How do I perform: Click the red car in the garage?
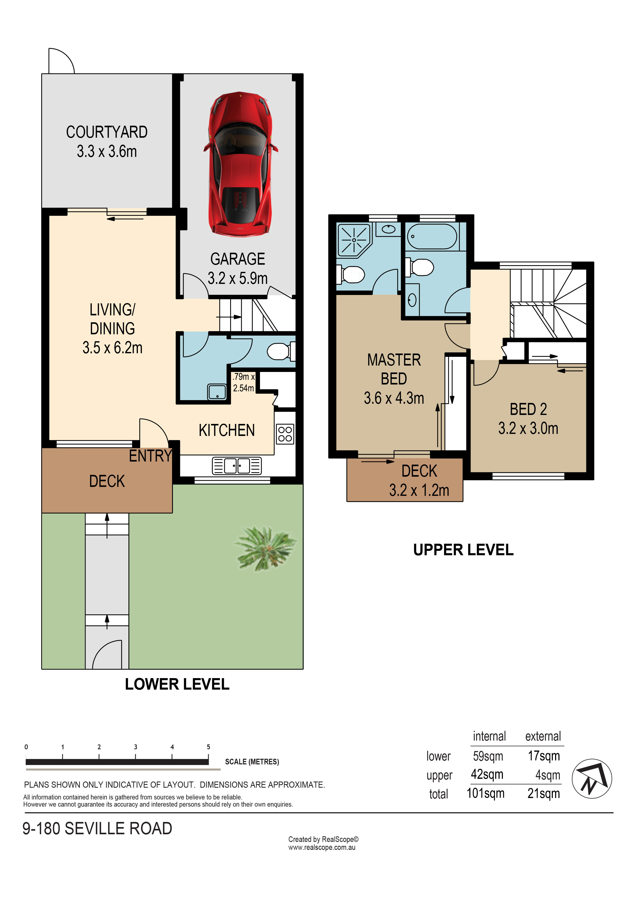240,164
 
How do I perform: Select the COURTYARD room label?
107,132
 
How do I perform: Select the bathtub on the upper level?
432,236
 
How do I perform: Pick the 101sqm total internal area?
485,793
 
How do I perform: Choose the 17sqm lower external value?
544,756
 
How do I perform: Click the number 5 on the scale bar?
208,747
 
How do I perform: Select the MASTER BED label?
394,369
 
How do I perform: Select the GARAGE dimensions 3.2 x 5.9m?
238,278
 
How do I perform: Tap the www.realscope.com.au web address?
322,848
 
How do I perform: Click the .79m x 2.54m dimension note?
243,382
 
